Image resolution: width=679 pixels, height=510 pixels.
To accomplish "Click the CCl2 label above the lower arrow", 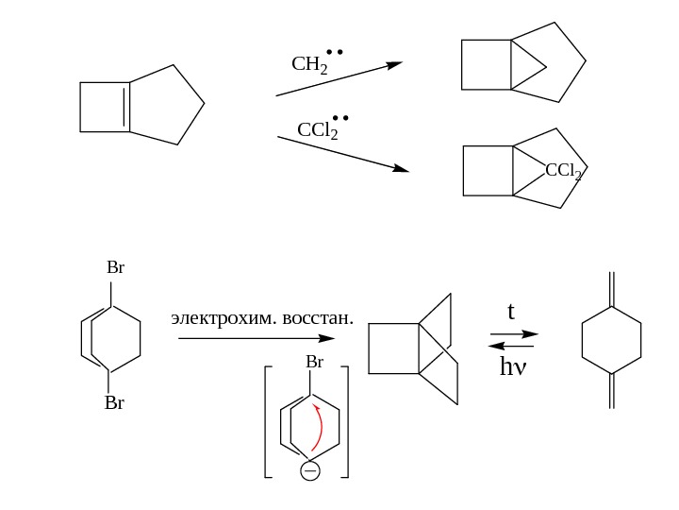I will tap(319, 129).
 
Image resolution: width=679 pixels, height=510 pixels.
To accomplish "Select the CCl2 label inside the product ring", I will tap(563, 171).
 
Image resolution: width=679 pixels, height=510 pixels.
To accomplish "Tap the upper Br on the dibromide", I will tap(115, 268).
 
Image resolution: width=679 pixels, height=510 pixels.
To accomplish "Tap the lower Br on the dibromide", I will tap(114, 403).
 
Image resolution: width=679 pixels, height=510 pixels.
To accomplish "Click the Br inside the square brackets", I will tap(314, 363).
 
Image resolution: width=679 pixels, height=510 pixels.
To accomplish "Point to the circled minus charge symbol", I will tap(309, 471).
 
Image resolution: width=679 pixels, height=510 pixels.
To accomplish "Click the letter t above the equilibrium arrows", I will tap(511, 311).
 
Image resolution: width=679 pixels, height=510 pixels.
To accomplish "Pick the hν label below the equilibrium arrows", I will tap(513, 365).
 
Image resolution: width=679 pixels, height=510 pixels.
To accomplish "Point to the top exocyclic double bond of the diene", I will tap(612, 289).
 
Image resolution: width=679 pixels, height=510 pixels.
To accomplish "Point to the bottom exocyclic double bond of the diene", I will tap(612, 390).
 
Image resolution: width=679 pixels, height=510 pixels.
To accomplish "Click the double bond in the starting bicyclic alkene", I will tap(127, 108).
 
